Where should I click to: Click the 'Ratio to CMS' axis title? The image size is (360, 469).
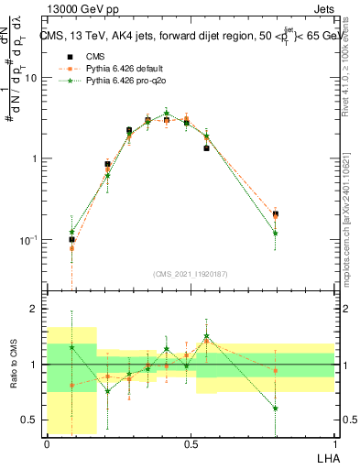[x=12, y=364]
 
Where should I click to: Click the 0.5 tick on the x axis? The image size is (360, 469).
[x=191, y=444]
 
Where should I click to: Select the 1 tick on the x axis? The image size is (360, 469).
[x=334, y=444]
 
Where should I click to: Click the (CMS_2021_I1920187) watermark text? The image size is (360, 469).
[x=191, y=273]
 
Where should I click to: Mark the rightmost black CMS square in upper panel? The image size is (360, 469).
[x=275, y=214]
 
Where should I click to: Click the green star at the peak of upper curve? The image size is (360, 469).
[x=166, y=114]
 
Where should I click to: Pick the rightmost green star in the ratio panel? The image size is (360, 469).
[x=275, y=408]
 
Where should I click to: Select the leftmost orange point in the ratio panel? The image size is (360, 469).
[x=71, y=385]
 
